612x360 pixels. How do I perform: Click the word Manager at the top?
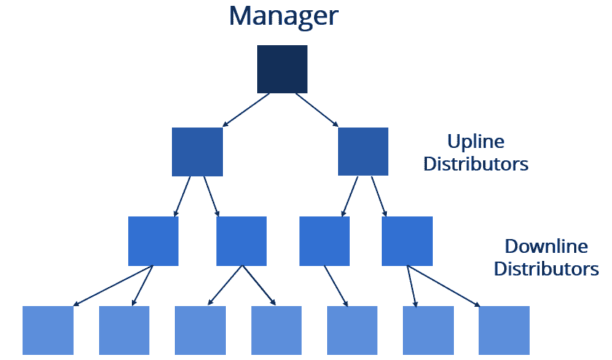pos(283,17)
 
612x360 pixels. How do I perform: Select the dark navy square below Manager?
pos(282,69)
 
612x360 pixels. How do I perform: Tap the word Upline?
pos(476,142)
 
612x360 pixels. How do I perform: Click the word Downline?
pos(546,246)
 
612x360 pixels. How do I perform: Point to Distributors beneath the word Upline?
pos(476,164)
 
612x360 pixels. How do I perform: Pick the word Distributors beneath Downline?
pos(546,269)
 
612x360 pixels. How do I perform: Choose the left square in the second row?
pos(197,152)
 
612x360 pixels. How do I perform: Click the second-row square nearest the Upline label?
pos(363,152)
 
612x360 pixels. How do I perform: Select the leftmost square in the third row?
pos(154,241)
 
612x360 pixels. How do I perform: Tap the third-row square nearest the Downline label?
pos(407,241)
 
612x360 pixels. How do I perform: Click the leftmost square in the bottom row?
pos(48,330)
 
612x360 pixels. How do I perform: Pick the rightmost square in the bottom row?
pos(504,330)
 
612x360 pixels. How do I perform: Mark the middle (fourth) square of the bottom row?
pos(276,330)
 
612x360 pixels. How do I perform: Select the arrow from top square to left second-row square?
pos(246,110)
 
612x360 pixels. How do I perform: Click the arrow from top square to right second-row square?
pos(317,110)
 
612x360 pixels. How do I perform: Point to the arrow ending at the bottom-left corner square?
pos(113,286)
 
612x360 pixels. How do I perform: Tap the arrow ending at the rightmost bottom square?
pos(444,286)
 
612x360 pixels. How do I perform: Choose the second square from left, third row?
pos(242,241)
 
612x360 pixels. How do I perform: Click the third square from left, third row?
pos(325,241)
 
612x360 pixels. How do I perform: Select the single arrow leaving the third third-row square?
pos(336,286)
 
